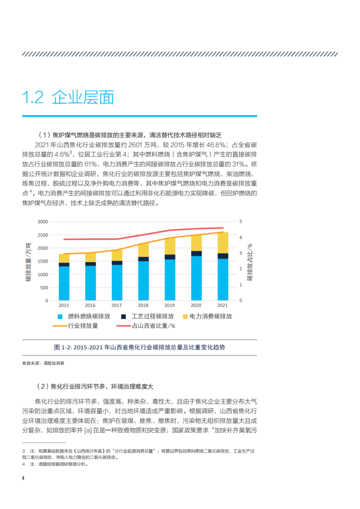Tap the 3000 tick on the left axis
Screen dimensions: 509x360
[43, 222]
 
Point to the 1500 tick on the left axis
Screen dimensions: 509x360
[43, 261]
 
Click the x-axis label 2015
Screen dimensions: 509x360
[64, 306]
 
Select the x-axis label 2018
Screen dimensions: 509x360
[143, 306]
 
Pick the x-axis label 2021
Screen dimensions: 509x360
[222, 306]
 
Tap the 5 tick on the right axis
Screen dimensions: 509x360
[241, 222]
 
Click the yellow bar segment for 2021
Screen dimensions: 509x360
[223, 242]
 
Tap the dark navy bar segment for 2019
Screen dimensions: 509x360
[170, 257]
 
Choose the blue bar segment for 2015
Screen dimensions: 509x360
[64, 283]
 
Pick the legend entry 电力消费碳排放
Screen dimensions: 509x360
[205, 316]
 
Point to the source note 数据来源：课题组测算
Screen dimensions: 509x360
[43, 363]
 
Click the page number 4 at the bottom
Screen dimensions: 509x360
[23, 478]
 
